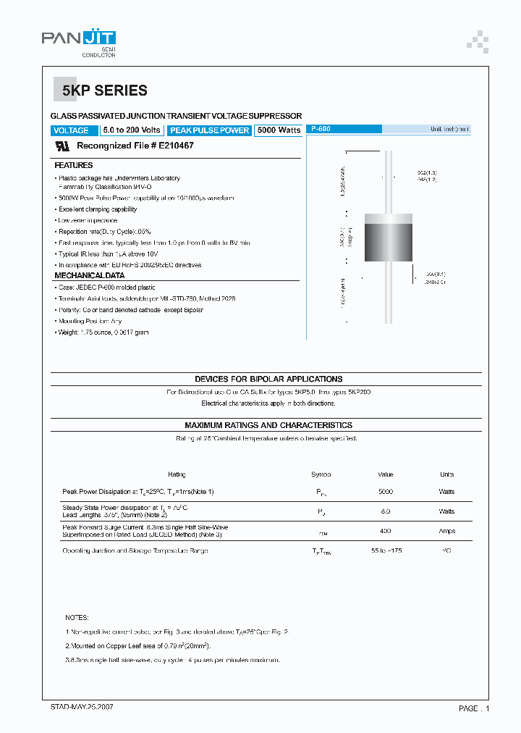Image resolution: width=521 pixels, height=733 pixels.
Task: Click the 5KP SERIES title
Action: click(104, 91)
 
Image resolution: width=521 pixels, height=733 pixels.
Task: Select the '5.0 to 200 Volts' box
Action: click(131, 130)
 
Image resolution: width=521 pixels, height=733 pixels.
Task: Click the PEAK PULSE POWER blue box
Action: click(209, 130)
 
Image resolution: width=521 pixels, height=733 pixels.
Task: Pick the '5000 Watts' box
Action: click(279, 130)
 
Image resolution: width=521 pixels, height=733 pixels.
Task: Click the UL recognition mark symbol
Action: click(62, 146)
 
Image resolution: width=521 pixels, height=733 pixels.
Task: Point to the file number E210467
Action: click(176, 146)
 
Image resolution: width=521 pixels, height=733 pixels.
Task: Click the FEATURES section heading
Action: click(74, 165)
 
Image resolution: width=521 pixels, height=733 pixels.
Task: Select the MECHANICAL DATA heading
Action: click(89, 275)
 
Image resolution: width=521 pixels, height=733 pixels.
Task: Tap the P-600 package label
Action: click(320, 129)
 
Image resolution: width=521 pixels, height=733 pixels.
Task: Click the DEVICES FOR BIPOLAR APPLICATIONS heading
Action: click(268, 379)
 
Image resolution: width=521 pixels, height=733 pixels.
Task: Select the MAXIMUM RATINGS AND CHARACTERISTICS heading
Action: click(268, 425)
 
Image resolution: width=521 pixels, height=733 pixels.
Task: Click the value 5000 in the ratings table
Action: click(386, 492)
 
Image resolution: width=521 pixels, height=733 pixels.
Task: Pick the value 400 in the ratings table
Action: click(386, 531)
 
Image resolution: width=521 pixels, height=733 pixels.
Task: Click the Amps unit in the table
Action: click(446, 531)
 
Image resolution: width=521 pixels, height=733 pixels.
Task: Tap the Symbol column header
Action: click(321, 474)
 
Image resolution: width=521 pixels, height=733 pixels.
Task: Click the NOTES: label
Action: click(77, 618)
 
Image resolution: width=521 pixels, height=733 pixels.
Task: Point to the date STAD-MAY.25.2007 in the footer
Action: click(82, 706)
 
